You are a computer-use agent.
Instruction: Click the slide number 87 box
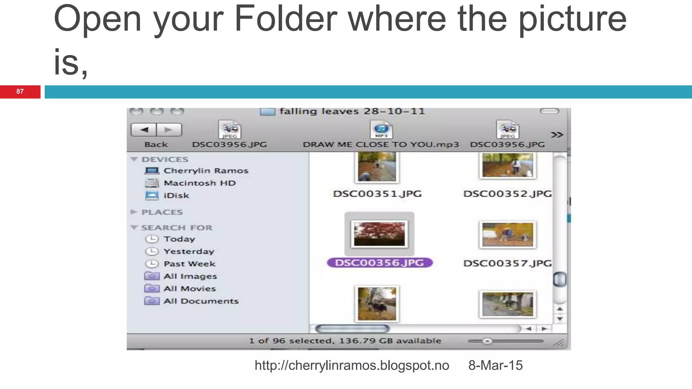[x=20, y=92]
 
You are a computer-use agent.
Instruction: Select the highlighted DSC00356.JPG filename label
[x=379, y=263]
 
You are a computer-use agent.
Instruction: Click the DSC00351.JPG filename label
[x=377, y=194]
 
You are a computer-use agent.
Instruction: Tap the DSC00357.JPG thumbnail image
[x=508, y=235]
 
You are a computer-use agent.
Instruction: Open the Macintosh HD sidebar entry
[x=199, y=183]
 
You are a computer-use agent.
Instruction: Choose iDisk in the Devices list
[x=176, y=196]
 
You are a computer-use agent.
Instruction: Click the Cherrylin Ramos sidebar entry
[x=206, y=171]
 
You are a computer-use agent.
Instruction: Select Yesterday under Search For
[x=189, y=252]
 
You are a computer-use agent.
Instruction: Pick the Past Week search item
[x=189, y=264]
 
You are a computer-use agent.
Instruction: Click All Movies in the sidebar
[x=189, y=289]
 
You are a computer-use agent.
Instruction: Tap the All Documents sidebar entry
[x=201, y=301]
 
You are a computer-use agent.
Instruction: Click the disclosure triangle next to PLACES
[x=134, y=212]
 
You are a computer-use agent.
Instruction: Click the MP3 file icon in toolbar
[x=381, y=130]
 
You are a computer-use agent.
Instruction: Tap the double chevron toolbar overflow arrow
[x=557, y=135]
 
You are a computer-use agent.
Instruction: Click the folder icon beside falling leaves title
[x=267, y=111]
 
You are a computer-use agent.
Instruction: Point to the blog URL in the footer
[x=352, y=365]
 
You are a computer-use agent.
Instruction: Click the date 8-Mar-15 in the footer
[x=495, y=365]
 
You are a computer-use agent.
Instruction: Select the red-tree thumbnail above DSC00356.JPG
[x=379, y=234]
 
